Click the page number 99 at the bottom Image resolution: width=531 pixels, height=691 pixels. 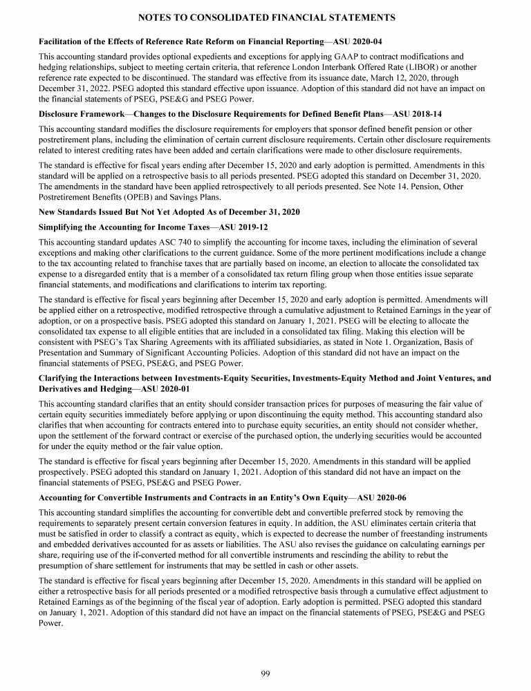pyautogui.click(x=265, y=674)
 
